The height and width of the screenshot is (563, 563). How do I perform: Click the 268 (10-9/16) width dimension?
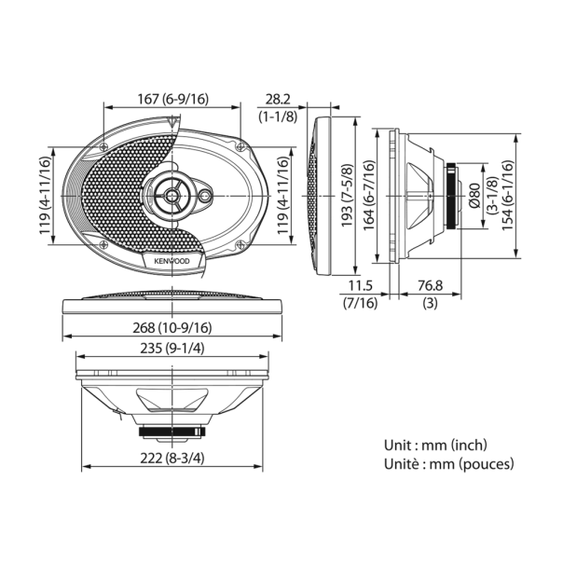tap(172, 327)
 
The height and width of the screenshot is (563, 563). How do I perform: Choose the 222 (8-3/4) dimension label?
tap(172, 458)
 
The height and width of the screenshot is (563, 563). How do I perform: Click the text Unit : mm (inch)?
tap(435, 446)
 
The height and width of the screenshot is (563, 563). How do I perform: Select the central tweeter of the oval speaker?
tap(173, 195)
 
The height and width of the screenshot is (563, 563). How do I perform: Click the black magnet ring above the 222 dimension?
tap(172, 432)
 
